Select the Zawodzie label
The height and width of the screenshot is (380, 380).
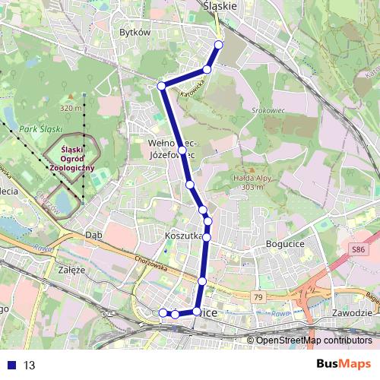coord(352,312)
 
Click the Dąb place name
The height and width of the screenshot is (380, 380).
coord(94,235)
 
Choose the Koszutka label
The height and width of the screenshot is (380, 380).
coord(182,236)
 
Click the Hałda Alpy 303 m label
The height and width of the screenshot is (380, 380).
coord(237,182)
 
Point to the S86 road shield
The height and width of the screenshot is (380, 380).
coord(358,249)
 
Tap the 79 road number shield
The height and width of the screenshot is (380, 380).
coord(258,296)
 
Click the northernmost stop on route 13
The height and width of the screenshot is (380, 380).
coord(219,44)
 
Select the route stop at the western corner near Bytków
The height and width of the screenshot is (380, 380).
coord(161,86)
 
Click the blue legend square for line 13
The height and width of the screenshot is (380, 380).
coord(11,365)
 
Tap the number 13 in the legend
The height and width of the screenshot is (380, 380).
coord(30,365)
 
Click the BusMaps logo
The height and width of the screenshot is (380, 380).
coord(344,364)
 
